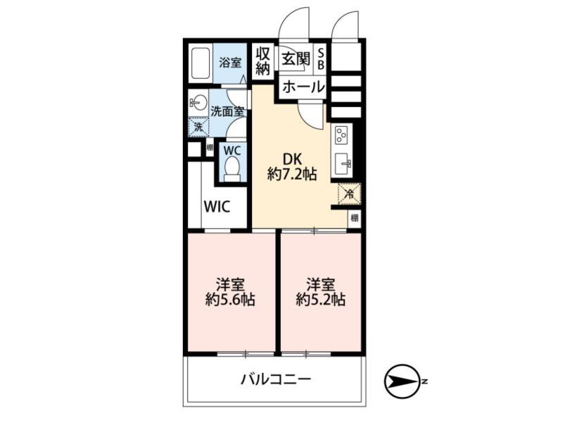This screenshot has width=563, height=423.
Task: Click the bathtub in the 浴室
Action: [200, 63]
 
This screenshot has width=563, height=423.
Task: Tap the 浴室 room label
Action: [230, 63]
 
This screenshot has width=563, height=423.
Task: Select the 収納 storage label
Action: [262, 61]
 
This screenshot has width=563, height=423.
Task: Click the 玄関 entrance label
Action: [295, 59]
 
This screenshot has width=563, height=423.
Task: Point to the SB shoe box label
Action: [321, 59]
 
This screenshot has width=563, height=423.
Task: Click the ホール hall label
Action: [303, 87]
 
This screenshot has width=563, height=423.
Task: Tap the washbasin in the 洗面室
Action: [198, 104]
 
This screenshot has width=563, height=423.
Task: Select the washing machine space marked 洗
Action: [198, 127]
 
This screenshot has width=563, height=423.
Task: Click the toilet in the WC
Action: [232, 169]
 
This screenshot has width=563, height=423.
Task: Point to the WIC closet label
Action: [217, 207]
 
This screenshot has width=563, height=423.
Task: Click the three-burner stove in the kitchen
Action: [341, 135]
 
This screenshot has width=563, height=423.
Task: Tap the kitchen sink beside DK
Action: [342, 164]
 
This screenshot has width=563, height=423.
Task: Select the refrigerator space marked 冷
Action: [349, 194]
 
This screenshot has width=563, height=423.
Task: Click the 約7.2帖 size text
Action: [292, 174]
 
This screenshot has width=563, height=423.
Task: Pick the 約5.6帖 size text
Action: [230, 299]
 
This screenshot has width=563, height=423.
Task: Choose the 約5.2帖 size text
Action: [321, 299]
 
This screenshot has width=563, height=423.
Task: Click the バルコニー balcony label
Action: [276, 379]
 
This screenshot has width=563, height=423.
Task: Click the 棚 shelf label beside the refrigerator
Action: [355, 218]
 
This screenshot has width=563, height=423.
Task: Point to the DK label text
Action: [292, 159]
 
